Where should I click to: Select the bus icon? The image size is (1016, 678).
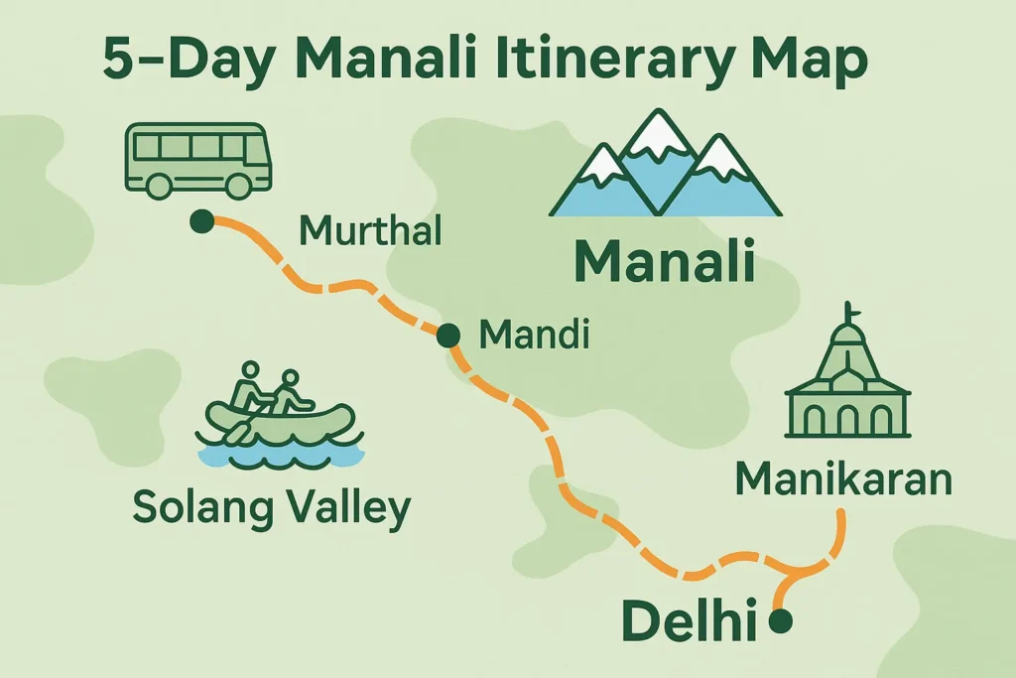[x=196, y=159]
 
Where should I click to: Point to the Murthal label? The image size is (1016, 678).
[x=369, y=233]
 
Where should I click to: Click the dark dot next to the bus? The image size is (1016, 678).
[x=202, y=221]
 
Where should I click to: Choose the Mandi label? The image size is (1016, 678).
[x=533, y=336]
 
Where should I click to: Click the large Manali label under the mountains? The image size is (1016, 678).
[x=664, y=263]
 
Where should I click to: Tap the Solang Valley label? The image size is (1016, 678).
[x=271, y=507]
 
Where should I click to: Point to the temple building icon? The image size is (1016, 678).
[x=845, y=387]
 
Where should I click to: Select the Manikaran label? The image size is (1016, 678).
[x=843, y=479]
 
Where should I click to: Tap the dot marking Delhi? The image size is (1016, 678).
[x=781, y=621]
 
